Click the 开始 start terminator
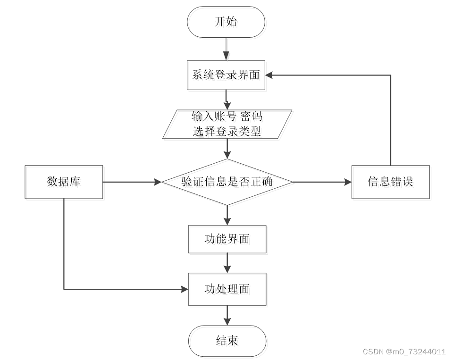(x=226, y=22)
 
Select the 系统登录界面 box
(x=226, y=75)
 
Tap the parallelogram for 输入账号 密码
(x=227, y=124)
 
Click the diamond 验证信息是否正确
(x=227, y=182)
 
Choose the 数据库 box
(x=64, y=182)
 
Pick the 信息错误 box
(x=391, y=182)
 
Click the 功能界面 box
(x=227, y=239)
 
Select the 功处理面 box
(x=227, y=289)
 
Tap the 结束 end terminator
(x=227, y=341)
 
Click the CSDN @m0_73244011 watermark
(x=404, y=352)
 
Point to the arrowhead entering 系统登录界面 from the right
(x=269, y=75)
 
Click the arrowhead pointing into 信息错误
(x=348, y=182)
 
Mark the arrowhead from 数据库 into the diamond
(x=158, y=182)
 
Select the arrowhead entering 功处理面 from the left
(x=185, y=289)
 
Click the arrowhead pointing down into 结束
(x=227, y=322)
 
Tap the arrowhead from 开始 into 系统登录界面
(x=226, y=56)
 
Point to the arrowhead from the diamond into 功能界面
(x=227, y=222)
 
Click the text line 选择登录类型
(x=227, y=132)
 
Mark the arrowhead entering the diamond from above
(x=227, y=155)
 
